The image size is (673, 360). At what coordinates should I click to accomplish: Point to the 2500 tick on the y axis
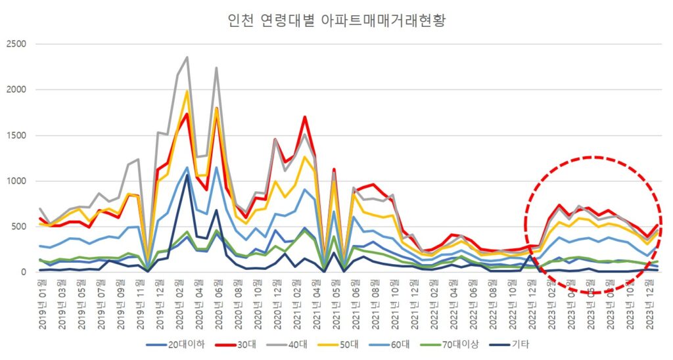click(x=16, y=44)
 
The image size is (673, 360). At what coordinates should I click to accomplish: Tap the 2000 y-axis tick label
click(x=16, y=89)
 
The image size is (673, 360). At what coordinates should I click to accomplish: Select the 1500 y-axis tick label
click(x=16, y=135)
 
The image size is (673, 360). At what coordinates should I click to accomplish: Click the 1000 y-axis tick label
click(x=16, y=181)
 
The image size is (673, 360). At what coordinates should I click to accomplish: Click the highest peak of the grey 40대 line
click(x=187, y=57)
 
